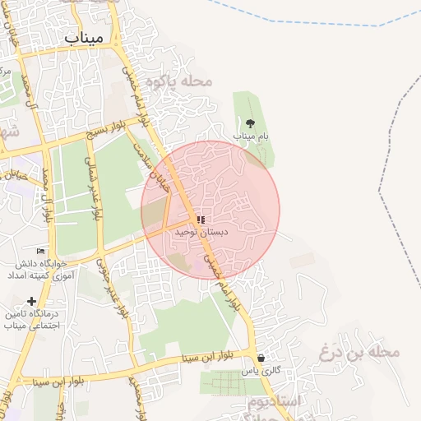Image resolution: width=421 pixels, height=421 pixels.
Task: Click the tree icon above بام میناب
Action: coord(250,123)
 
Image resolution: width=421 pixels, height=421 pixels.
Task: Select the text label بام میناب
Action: coord(250,135)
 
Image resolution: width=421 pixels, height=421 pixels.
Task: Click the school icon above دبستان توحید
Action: coord(201,220)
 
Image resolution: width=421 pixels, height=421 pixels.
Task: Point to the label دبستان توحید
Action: coord(201,233)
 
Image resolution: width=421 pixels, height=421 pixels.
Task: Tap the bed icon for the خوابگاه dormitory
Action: coord(40,251)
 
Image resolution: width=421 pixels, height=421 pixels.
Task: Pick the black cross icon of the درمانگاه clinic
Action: coord(31,301)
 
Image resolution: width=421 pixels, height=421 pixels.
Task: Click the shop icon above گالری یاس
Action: coord(261,359)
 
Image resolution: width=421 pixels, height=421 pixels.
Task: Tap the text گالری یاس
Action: coord(261,371)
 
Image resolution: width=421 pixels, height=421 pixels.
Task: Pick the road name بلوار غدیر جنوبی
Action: coord(114,288)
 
